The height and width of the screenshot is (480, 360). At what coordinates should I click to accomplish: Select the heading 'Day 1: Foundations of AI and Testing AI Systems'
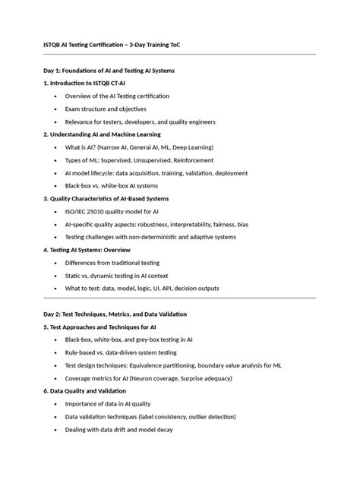109,71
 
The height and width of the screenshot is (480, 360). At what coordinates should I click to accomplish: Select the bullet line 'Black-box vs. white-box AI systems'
112,186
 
